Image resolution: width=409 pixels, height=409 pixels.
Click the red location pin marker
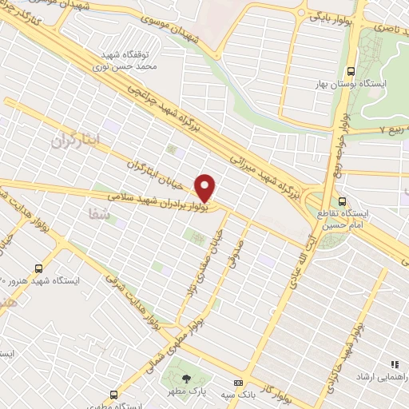(x=205, y=188)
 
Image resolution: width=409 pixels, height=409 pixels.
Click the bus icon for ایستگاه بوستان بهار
(x=348, y=84)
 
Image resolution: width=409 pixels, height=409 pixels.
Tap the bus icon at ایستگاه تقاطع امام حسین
(x=342, y=201)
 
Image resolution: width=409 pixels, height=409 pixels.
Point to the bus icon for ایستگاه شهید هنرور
(x=38, y=268)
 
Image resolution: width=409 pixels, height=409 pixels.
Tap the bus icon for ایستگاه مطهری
(x=115, y=394)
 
